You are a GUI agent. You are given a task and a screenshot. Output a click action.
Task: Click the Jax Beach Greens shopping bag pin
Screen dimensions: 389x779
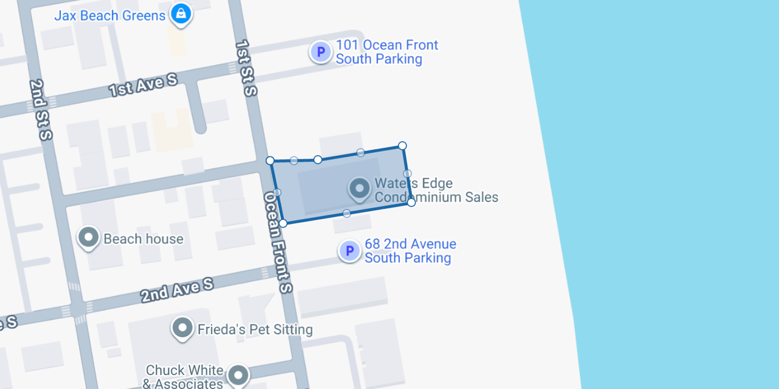pos(181,14)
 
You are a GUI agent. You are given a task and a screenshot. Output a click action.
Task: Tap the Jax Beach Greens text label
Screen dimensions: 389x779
pos(110,16)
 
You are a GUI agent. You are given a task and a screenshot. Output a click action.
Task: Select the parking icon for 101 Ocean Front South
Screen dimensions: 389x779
pos(321,52)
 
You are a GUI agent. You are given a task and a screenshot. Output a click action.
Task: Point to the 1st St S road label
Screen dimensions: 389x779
pos(246,68)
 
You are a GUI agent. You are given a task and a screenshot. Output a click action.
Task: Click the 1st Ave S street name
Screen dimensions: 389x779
pos(144,84)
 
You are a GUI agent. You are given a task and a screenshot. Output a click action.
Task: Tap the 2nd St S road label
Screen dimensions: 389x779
pos(41,110)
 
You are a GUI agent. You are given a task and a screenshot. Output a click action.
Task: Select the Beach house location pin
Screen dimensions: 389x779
pos(89,237)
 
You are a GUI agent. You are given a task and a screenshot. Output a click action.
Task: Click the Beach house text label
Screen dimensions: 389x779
pos(143,239)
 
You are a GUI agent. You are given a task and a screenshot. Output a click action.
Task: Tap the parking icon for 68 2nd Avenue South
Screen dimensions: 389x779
pos(349,250)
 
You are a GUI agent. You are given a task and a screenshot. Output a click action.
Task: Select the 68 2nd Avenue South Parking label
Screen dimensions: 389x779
pos(410,251)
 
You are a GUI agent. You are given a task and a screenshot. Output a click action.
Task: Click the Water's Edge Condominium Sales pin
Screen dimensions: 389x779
pos(359,189)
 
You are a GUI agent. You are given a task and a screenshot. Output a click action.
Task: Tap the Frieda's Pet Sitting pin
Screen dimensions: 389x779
pos(183,328)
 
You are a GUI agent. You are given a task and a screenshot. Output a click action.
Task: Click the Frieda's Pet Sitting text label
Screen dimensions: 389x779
pos(255,330)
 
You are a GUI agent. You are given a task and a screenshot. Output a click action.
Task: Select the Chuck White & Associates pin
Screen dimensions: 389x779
pos(238,374)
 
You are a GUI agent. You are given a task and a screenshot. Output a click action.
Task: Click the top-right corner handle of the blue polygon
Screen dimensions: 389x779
pos(402,145)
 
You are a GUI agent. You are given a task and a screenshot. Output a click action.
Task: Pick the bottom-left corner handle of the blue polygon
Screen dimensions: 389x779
pos(283,223)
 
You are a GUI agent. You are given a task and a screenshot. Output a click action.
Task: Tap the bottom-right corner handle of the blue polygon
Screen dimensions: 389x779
pos(411,202)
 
